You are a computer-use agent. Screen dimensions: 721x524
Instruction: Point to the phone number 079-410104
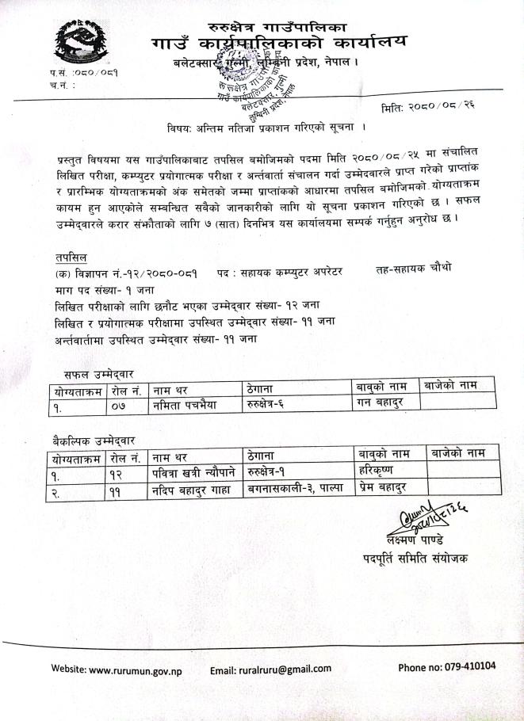coord(447,666)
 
